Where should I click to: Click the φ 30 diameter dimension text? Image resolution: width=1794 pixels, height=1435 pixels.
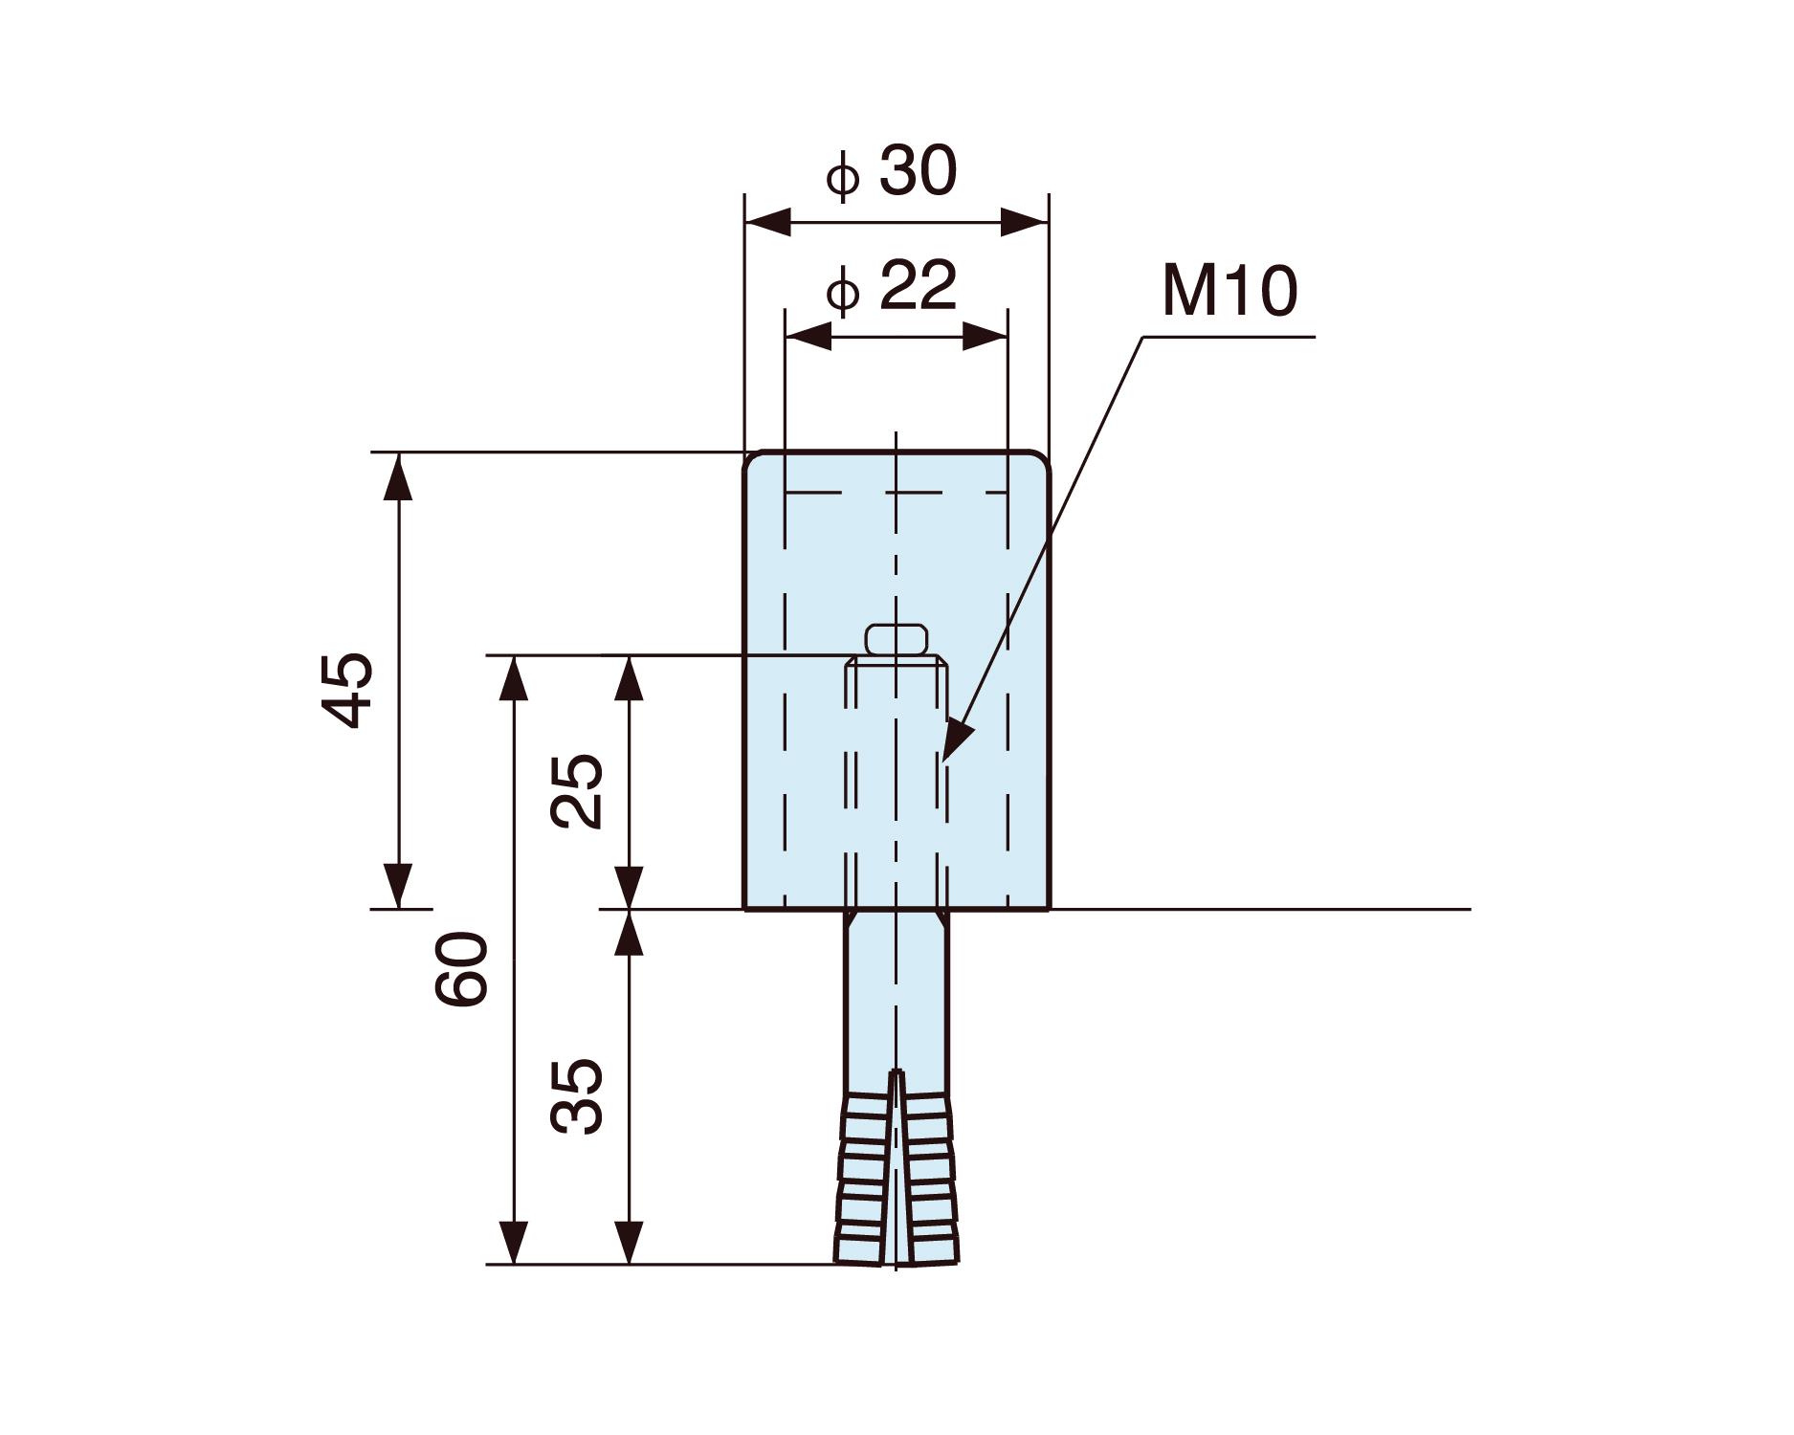point(892,174)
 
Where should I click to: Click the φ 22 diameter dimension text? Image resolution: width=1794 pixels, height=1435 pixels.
point(892,287)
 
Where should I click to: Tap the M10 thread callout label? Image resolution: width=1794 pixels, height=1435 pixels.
point(1229,292)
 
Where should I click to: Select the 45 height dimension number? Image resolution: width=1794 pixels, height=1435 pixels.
point(346,691)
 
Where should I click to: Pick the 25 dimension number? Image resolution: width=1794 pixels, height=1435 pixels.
point(578,792)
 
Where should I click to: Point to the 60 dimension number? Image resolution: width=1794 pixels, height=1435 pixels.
point(462,969)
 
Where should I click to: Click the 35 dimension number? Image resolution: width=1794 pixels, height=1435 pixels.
point(578,1096)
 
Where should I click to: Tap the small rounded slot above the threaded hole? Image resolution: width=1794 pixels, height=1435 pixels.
point(897,639)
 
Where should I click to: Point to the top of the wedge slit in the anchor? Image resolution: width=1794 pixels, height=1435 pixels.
point(897,1073)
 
